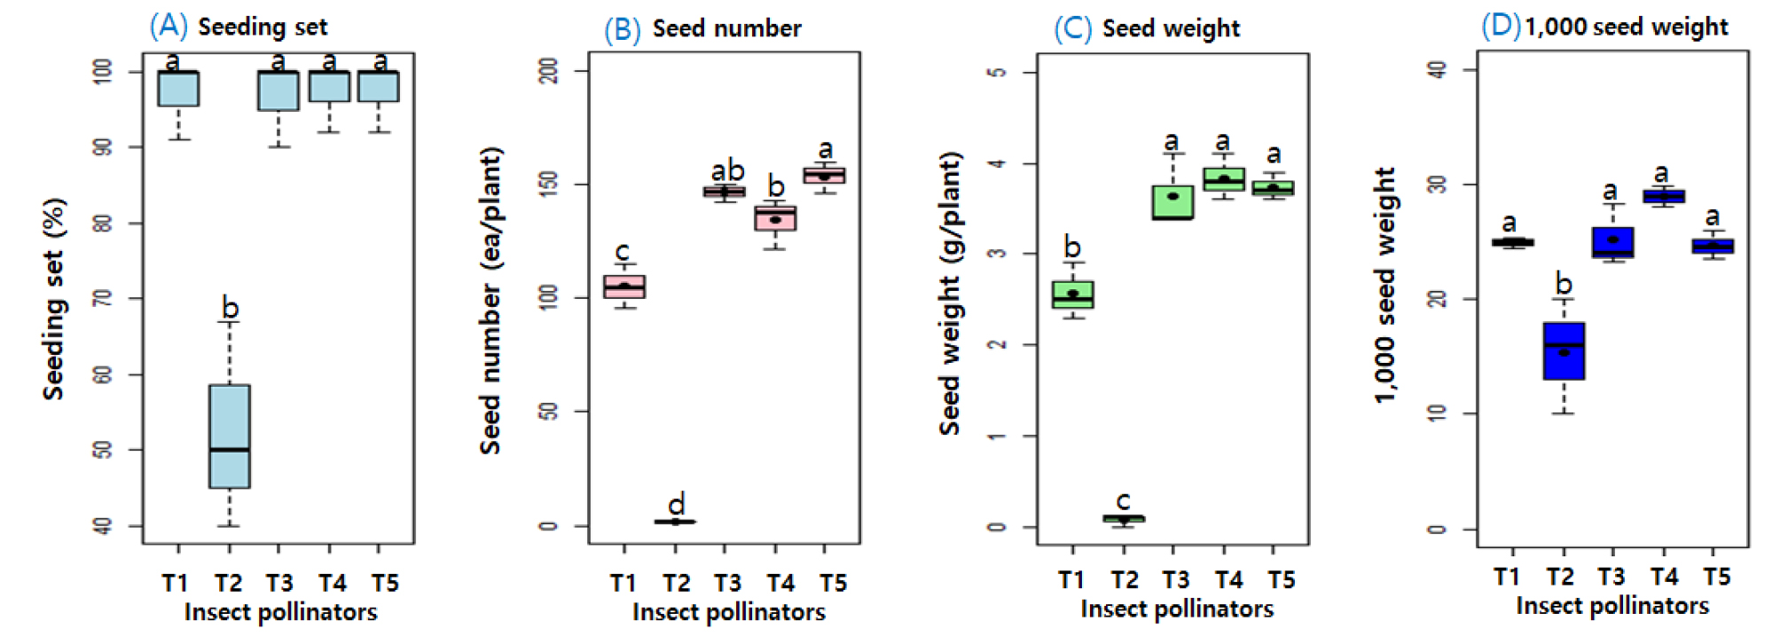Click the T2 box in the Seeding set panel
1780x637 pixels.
point(230,436)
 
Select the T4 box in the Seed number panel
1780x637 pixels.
point(776,218)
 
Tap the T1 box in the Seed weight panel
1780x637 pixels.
point(1073,295)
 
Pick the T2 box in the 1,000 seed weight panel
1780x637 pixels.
point(1564,350)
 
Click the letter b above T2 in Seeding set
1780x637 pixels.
point(230,308)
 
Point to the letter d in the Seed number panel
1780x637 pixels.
point(677,504)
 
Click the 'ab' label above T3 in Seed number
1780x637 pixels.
point(727,169)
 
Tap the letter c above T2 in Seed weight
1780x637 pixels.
point(1124,500)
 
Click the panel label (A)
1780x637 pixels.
point(169,26)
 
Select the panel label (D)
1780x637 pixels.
point(1501,25)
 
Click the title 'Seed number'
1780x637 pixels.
point(726,28)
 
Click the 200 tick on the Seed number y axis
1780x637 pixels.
point(549,71)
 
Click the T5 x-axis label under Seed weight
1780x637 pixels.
point(1281,580)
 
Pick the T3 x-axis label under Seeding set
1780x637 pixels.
point(279,583)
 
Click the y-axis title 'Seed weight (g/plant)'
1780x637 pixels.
point(950,293)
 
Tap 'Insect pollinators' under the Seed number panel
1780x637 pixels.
point(728,612)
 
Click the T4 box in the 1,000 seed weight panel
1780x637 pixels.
point(1665,196)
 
